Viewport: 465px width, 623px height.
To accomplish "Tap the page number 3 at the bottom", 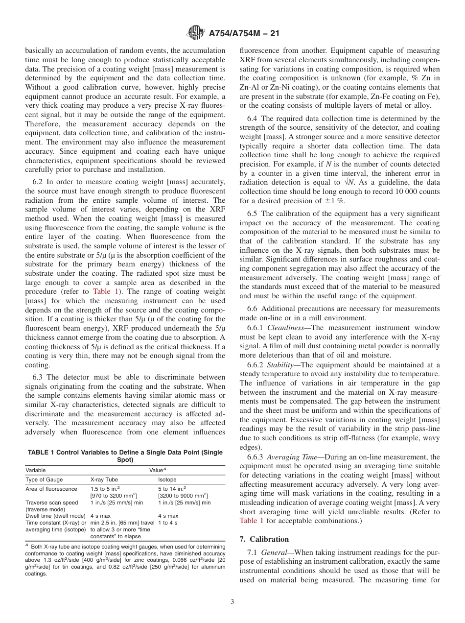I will point(232,602).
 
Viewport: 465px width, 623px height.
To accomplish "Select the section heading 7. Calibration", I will point(264,539).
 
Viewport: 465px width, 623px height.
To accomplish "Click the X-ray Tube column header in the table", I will point(104,479).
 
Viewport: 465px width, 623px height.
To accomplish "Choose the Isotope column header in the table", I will point(167,479).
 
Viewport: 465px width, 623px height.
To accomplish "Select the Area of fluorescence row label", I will point(51,489).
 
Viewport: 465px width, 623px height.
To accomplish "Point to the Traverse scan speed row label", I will point(51,503).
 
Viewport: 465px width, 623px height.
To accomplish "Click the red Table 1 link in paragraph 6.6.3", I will point(251,521).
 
